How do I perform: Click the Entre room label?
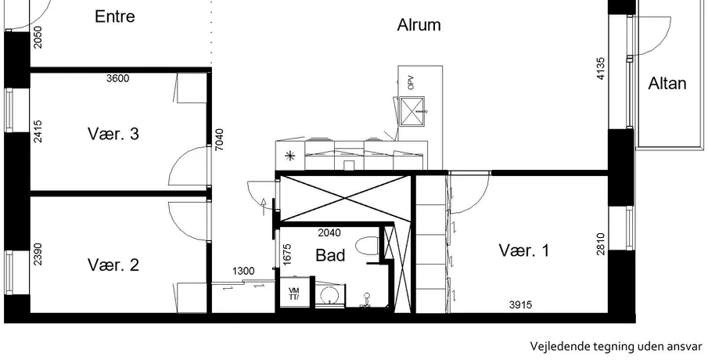click(x=115, y=16)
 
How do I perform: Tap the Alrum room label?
click(x=419, y=25)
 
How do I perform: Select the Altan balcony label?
click(x=667, y=84)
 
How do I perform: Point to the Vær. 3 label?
click(x=113, y=134)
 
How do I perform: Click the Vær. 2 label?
click(x=113, y=265)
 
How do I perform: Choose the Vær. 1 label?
click(x=524, y=250)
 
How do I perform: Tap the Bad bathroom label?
click(x=330, y=255)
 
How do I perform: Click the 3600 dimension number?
click(x=118, y=78)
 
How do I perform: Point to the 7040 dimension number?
click(x=219, y=139)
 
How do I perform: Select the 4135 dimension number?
click(x=601, y=69)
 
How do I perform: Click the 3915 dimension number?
click(x=520, y=305)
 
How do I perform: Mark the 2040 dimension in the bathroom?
click(x=329, y=233)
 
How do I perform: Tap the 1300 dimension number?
click(x=243, y=272)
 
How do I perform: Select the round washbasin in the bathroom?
click(x=329, y=296)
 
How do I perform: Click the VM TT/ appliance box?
click(x=294, y=293)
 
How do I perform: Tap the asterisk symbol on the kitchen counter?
click(x=289, y=157)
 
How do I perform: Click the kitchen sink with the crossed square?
click(x=412, y=110)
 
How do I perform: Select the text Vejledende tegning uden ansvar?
click(x=616, y=347)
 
